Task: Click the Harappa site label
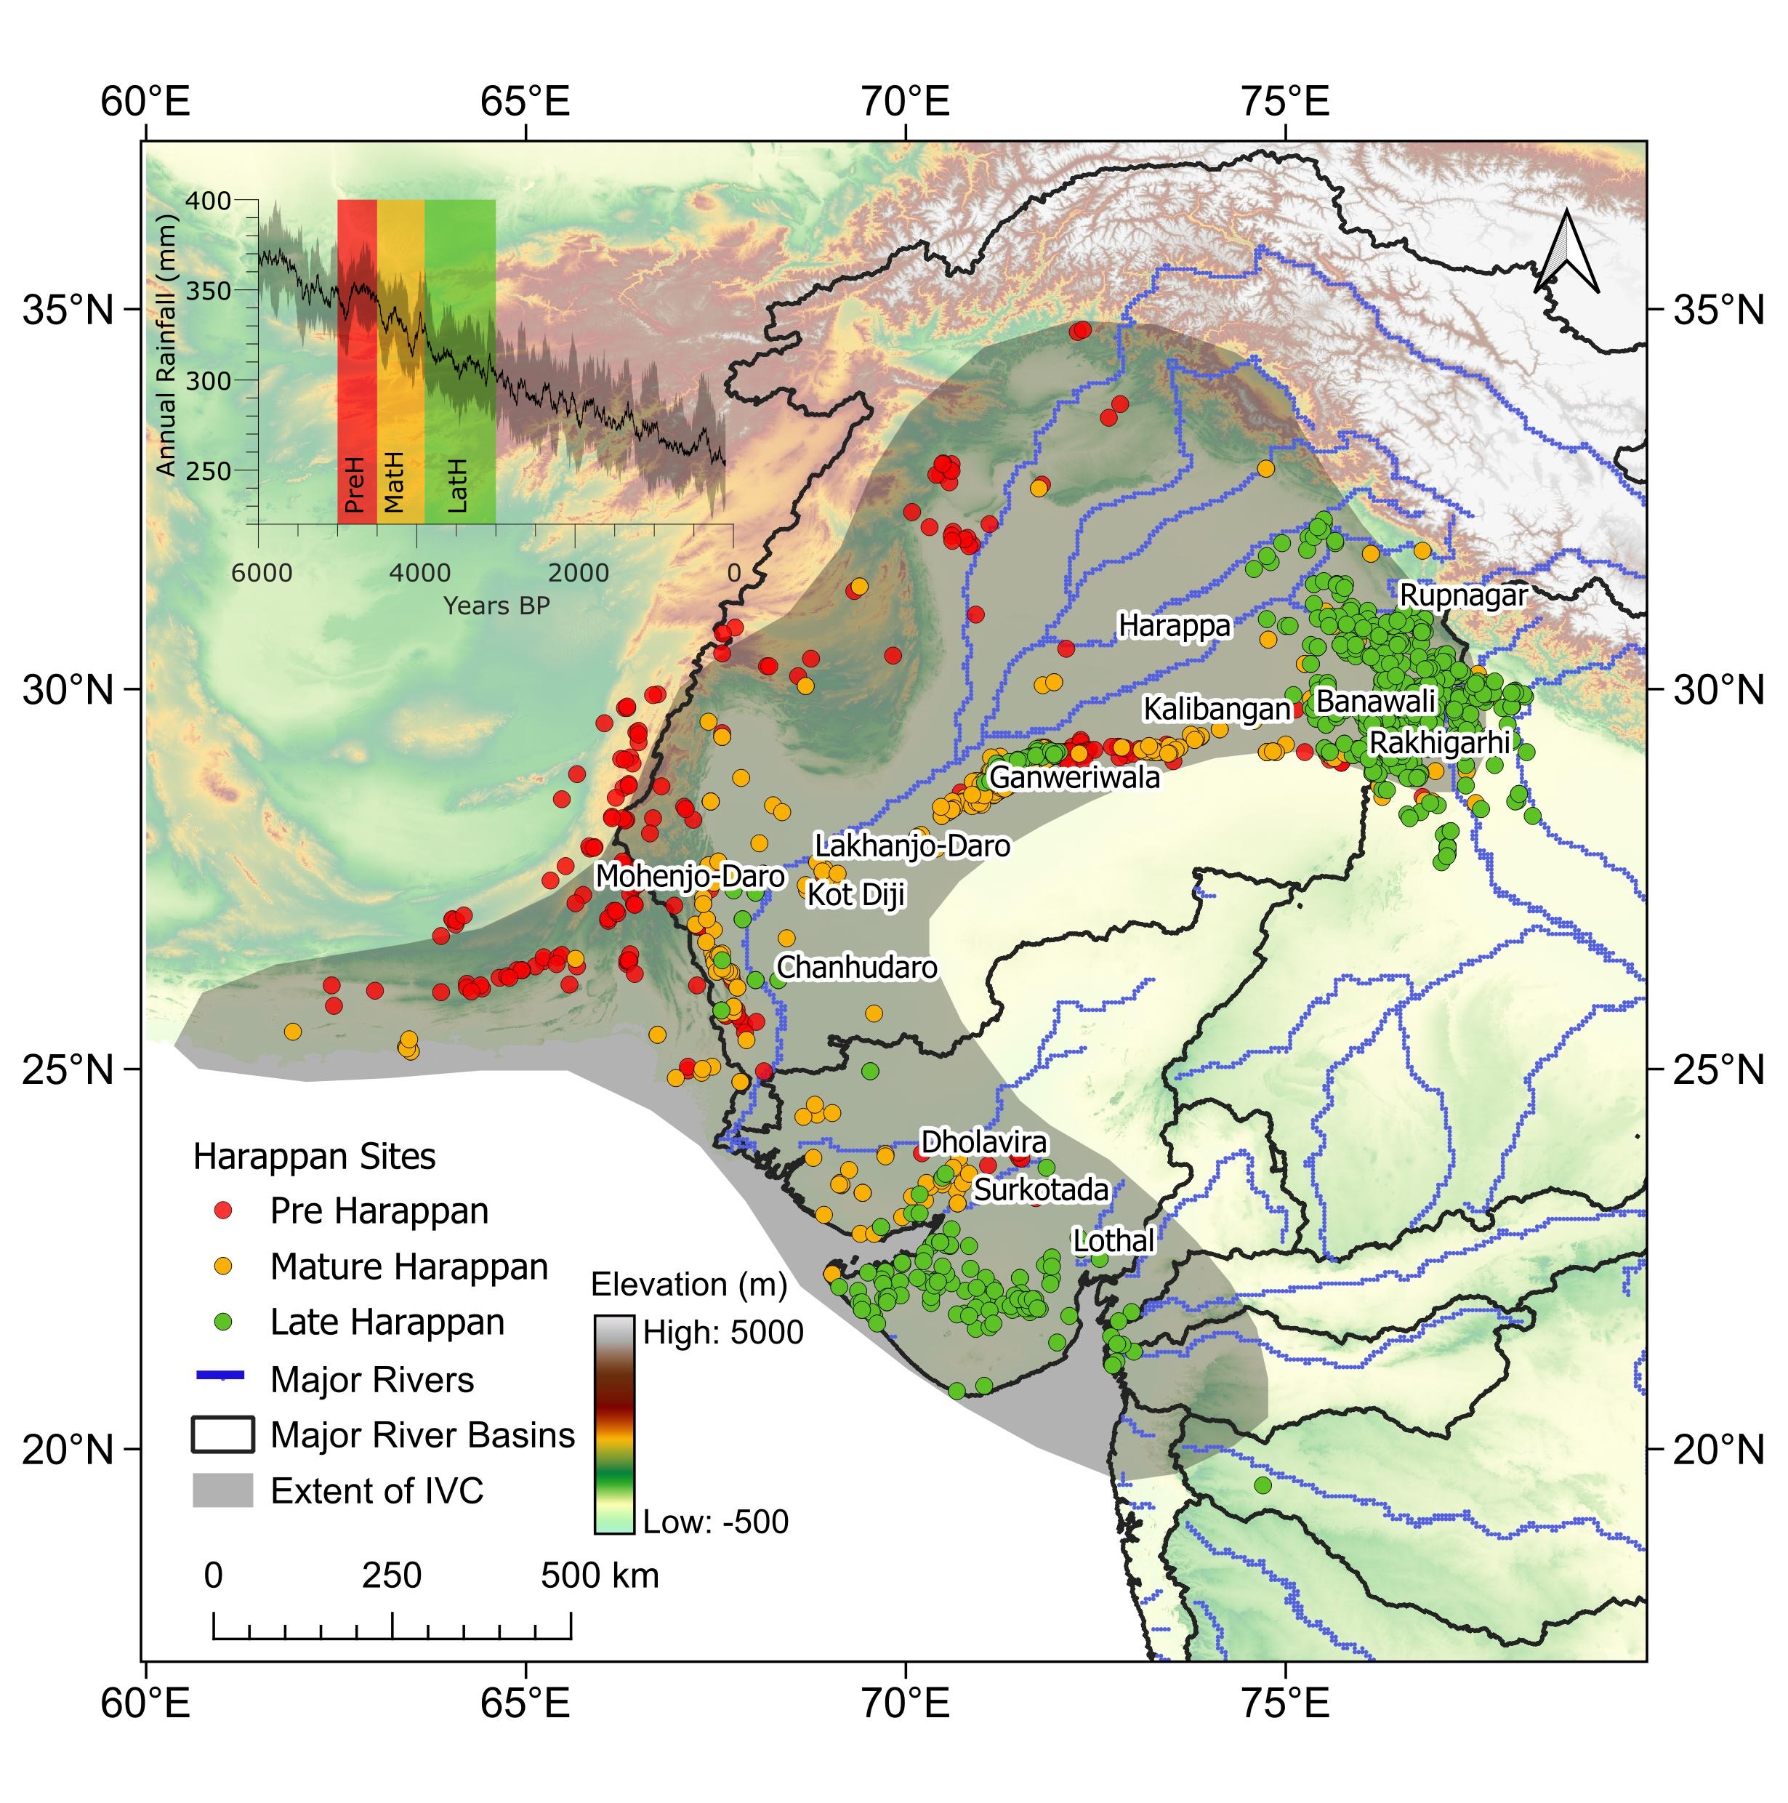(x=1174, y=625)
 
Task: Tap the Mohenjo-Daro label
(x=690, y=876)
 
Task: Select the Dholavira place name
(x=983, y=1142)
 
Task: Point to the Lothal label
(x=1114, y=1240)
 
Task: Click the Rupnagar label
(x=1463, y=595)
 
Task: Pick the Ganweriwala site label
(x=1074, y=776)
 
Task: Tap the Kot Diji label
(x=855, y=894)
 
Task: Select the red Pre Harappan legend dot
(x=223, y=1210)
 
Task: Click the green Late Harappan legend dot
(x=223, y=1322)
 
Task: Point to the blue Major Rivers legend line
(x=221, y=1376)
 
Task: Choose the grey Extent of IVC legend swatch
(x=223, y=1490)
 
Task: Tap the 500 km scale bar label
(x=599, y=1576)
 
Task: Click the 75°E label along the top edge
(x=1285, y=102)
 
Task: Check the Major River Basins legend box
(x=223, y=1434)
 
